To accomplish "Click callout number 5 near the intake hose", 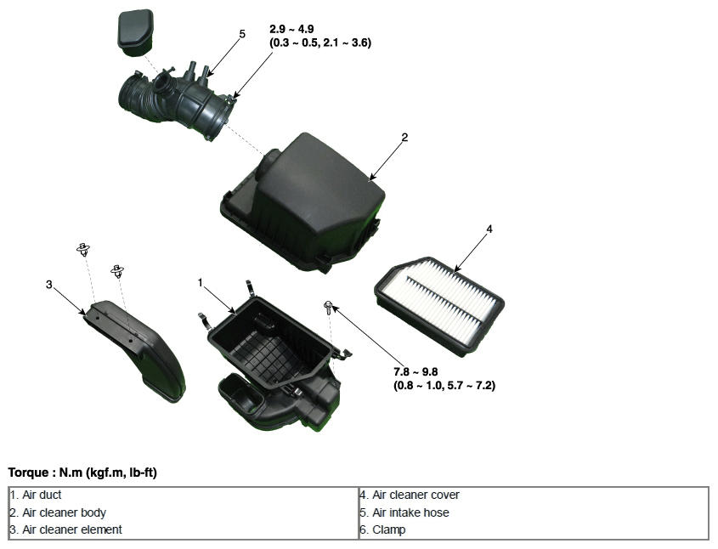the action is pyautogui.click(x=242, y=34).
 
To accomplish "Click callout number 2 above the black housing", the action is pyautogui.click(x=404, y=137).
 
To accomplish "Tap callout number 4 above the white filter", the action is pyautogui.click(x=489, y=229).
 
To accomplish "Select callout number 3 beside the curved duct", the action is pyautogui.click(x=49, y=285).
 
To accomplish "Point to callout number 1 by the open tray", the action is pyautogui.click(x=201, y=282).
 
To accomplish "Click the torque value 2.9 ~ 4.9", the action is pyautogui.click(x=291, y=29).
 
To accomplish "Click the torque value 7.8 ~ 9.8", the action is pyautogui.click(x=416, y=371).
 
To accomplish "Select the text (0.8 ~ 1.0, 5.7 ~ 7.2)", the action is pyautogui.click(x=444, y=386).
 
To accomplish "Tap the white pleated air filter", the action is pyautogui.click(x=439, y=306).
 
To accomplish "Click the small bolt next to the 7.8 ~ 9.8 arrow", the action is pyautogui.click(x=328, y=308).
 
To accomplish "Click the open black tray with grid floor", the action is pyautogui.click(x=274, y=362).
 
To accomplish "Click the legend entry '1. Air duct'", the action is pyautogui.click(x=36, y=495).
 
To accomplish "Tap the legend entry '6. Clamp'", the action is pyautogui.click(x=383, y=529).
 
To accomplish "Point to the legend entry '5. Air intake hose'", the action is pyautogui.click(x=404, y=512).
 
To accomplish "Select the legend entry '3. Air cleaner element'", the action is pyautogui.click(x=66, y=529).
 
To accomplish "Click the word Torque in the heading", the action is pyautogui.click(x=28, y=473).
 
